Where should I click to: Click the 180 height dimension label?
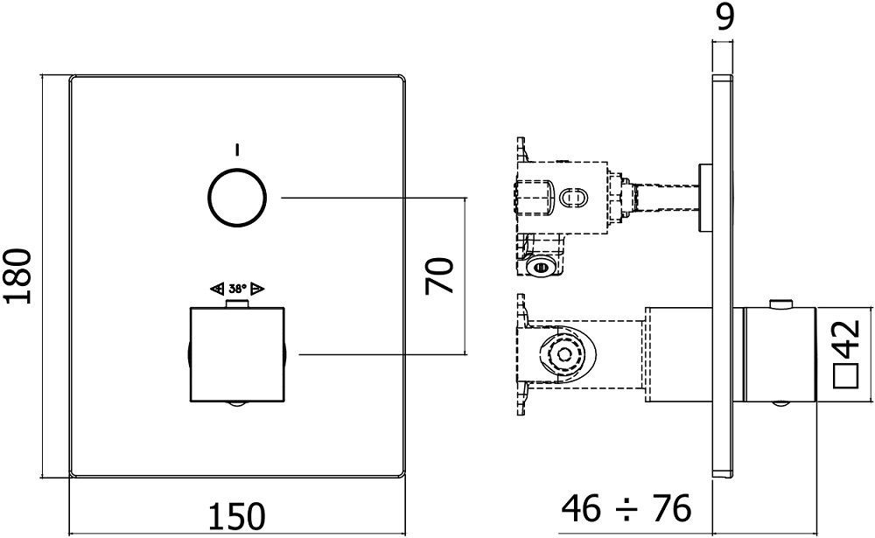[x=19, y=276]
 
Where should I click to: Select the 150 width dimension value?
[x=235, y=515]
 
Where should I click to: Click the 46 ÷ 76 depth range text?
[x=626, y=507]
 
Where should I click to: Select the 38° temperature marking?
[x=237, y=288]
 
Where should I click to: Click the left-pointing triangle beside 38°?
[x=217, y=288]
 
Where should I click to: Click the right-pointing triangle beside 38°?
[x=257, y=288]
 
